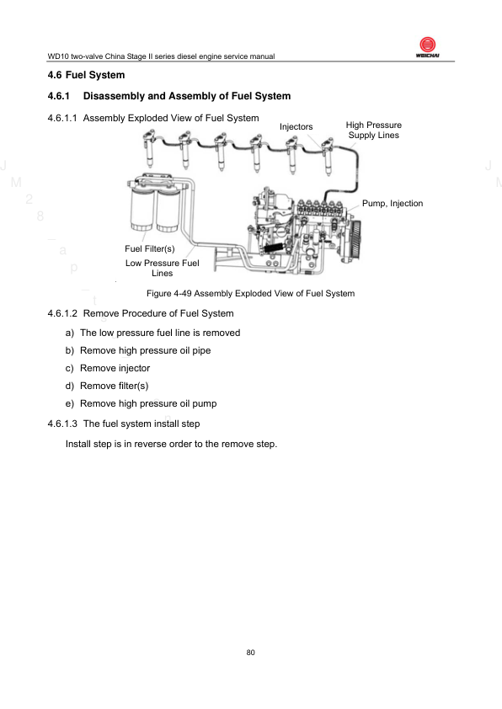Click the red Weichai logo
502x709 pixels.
pyautogui.click(x=427, y=45)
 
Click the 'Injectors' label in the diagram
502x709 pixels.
pyautogui.click(x=296, y=127)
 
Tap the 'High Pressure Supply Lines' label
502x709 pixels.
pyautogui.click(x=374, y=131)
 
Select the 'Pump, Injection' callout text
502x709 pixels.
pyautogui.click(x=393, y=204)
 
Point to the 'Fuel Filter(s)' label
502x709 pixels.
pyautogui.click(x=150, y=248)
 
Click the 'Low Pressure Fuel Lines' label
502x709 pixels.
pyautogui.click(x=163, y=268)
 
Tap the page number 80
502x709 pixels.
pyautogui.click(x=250, y=653)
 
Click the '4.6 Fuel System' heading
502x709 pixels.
pyautogui.click(x=86, y=75)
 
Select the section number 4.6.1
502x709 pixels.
pyautogui.click(x=59, y=96)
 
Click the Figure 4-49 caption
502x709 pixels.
pyautogui.click(x=250, y=294)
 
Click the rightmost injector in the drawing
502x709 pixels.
pyautogui.click(x=328, y=156)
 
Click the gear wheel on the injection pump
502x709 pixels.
pyautogui.click(x=355, y=240)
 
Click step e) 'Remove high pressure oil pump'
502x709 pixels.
pyautogui.click(x=142, y=403)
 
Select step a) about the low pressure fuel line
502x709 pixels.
pyautogui.click(x=152, y=333)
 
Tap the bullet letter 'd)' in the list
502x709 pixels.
pyautogui.click(x=70, y=386)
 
